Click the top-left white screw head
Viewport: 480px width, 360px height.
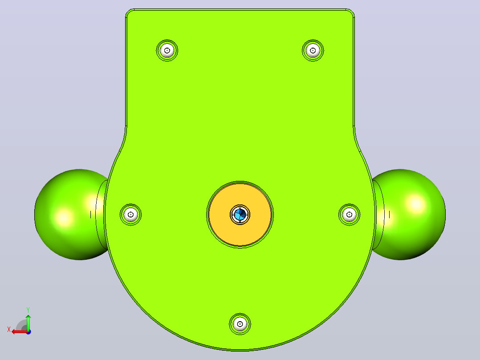(167, 50)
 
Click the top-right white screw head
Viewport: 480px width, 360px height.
(313, 50)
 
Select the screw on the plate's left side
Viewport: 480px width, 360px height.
(131, 214)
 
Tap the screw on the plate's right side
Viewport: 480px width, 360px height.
(349, 214)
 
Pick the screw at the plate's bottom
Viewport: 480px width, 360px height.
(240, 324)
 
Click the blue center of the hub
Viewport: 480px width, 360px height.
(240, 214)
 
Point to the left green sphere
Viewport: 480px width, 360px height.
(67, 214)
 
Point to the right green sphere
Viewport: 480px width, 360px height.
(412, 214)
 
